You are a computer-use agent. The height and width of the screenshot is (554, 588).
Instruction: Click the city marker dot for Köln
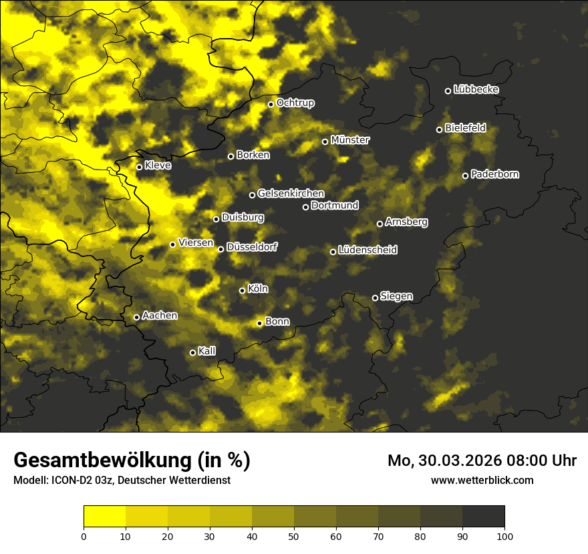tap(242, 290)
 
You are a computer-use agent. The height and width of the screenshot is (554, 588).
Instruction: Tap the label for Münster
tap(349, 140)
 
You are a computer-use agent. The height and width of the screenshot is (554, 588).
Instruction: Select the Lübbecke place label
tap(476, 89)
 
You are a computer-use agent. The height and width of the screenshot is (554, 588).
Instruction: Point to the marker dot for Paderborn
tap(465, 176)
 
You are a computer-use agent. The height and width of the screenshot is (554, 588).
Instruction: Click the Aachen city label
tap(160, 316)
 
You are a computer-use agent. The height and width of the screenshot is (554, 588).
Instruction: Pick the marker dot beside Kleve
tap(139, 167)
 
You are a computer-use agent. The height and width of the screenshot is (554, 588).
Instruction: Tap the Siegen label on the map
tap(396, 296)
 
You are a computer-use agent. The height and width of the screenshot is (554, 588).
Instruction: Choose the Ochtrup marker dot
tap(271, 104)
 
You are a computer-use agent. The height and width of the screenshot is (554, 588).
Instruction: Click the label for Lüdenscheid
tap(367, 250)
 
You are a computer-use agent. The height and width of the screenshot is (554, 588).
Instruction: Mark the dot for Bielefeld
tap(439, 129)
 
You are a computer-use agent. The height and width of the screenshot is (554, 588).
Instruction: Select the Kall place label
tap(207, 351)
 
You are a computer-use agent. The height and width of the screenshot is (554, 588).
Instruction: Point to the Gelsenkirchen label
tap(291, 194)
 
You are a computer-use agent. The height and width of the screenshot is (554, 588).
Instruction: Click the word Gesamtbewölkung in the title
tap(100, 461)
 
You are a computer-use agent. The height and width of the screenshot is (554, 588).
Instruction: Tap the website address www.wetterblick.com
tap(482, 480)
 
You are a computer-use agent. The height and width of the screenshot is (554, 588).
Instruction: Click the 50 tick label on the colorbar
tap(294, 535)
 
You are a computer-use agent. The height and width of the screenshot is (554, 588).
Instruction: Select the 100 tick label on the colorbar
tap(504, 535)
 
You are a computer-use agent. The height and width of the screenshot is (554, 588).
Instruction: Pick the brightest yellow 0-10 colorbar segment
tap(104, 517)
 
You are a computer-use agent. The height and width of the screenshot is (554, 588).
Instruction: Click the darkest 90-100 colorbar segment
tap(483, 517)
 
